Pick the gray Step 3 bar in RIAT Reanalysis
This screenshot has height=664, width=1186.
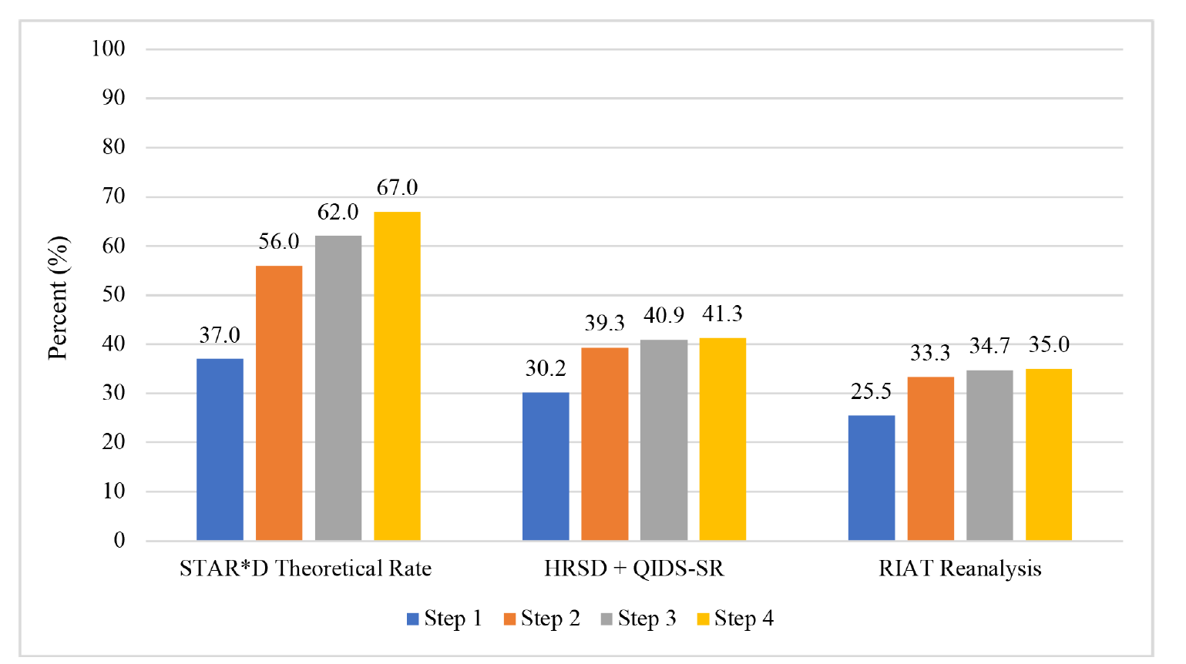[989, 455]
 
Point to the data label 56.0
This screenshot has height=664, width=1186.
[279, 242]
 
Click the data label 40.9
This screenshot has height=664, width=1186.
[664, 316]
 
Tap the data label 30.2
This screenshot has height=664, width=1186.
[546, 369]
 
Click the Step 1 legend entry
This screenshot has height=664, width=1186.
[444, 619]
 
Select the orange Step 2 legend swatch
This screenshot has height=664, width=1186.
[509, 619]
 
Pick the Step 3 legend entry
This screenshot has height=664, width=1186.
[637, 619]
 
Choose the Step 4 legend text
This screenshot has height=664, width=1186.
[744, 619]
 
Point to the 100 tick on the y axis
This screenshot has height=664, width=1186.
[108, 49]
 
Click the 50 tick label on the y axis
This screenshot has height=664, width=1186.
[113, 295]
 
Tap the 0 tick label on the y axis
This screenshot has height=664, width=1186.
[119, 541]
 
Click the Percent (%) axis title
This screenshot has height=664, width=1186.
[58, 297]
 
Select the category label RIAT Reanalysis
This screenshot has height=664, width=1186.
[959, 569]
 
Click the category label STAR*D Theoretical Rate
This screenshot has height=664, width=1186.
[305, 569]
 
